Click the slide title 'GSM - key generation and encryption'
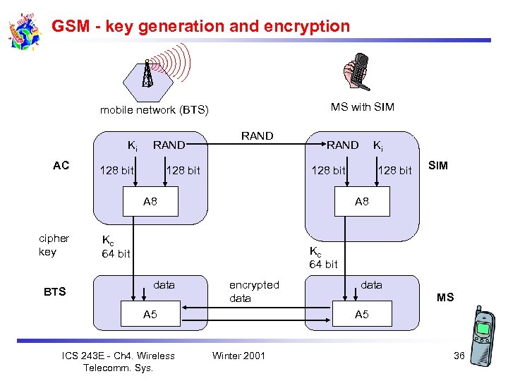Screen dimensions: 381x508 click(x=200, y=27)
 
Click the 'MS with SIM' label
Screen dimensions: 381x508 click(x=362, y=107)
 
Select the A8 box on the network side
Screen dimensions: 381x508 click(x=150, y=202)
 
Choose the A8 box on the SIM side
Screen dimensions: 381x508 click(x=361, y=202)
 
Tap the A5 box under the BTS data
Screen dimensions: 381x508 click(x=150, y=315)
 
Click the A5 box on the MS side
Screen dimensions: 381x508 click(x=361, y=315)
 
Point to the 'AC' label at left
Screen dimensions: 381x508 click(x=61, y=166)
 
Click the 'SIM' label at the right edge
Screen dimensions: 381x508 click(x=437, y=166)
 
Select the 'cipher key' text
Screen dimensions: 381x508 click(x=54, y=245)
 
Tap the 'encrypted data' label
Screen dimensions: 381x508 click(x=254, y=291)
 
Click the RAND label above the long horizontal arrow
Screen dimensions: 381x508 click(x=257, y=135)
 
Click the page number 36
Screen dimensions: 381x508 click(x=459, y=356)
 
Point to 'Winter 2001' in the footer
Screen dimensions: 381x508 click(x=238, y=356)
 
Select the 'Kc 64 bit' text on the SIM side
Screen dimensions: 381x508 click(x=323, y=258)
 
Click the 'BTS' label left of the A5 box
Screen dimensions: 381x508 click(x=54, y=291)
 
